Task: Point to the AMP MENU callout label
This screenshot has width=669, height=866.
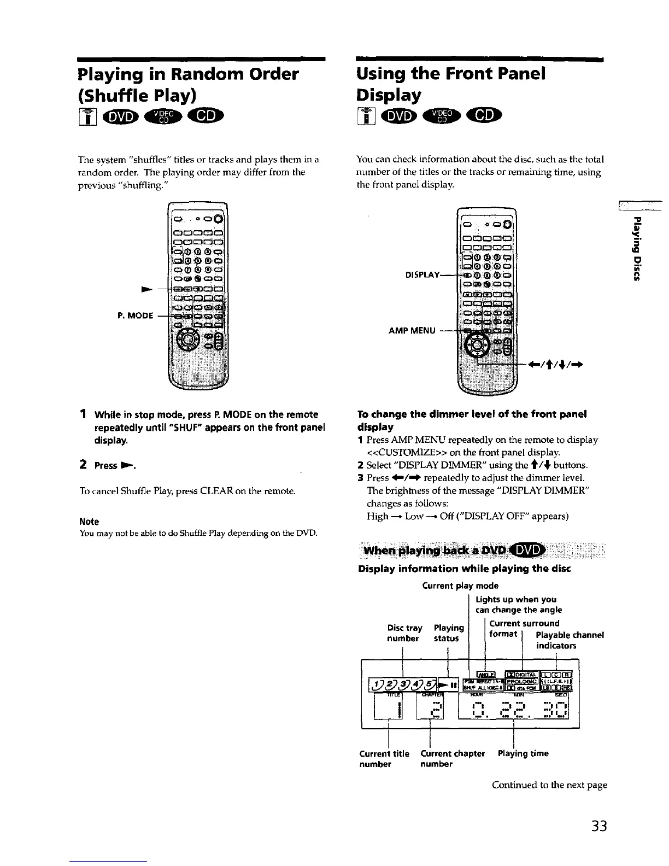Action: pos(412,330)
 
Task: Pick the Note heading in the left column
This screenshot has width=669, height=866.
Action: pos(89,522)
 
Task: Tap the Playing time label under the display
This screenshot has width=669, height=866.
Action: pos(523,753)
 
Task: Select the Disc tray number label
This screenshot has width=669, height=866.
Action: pos(404,633)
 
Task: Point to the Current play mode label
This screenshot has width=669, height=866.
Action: pos(460,586)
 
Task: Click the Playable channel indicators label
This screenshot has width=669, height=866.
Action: pos(570,640)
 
